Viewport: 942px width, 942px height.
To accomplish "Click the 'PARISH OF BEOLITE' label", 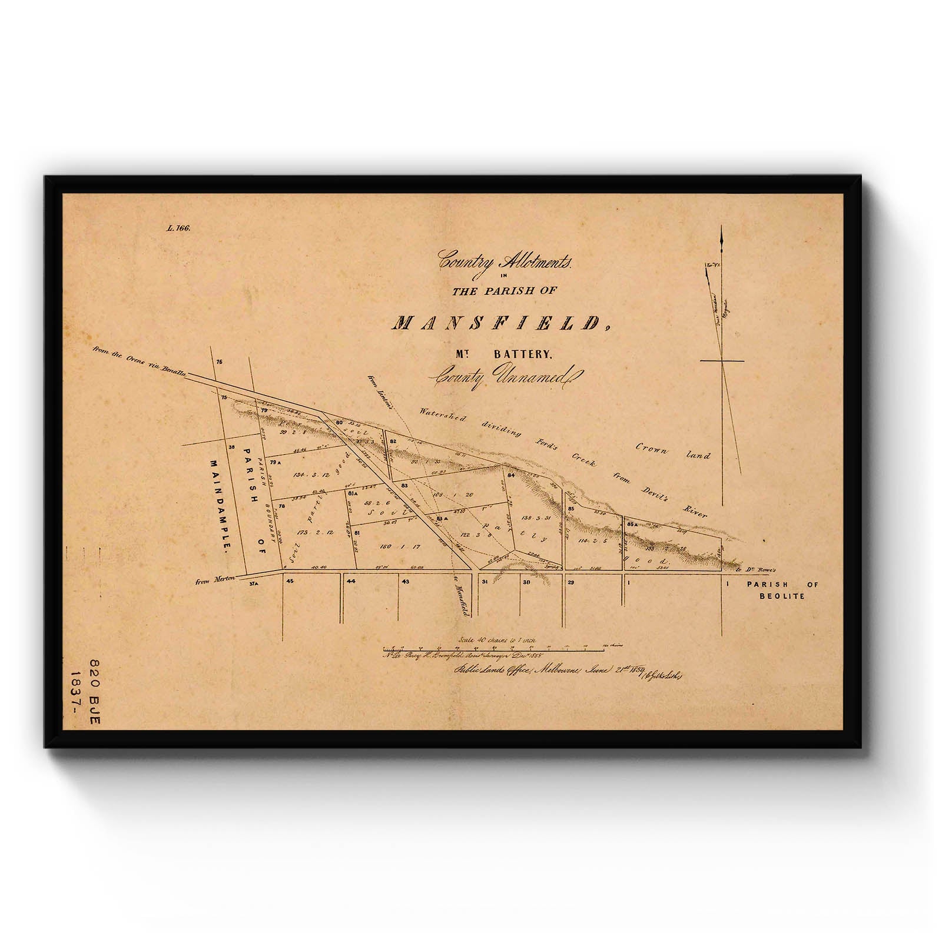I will click(782, 590).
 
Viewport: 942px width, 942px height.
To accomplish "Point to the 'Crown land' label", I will click(673, 452).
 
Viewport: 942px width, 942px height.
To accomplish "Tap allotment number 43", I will click(405, 582).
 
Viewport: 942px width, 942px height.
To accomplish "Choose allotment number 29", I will click(570, 582).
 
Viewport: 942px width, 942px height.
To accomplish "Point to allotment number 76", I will click(220, 362).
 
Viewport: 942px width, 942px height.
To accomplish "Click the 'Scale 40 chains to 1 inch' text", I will click(496, 639).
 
